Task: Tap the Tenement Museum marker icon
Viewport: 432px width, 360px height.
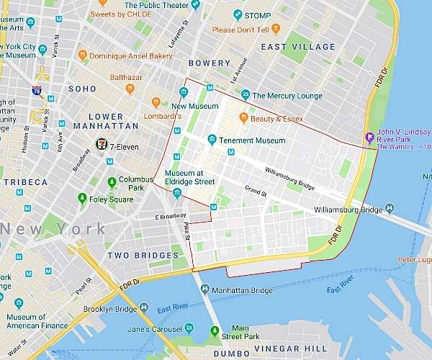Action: click(x=212, y=140)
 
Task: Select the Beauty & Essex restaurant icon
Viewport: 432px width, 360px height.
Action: click(x=244, y=118)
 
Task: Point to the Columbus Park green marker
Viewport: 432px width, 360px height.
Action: click(x=112, y=182)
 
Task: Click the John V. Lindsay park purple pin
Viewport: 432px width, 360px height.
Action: click(x=369, y=138)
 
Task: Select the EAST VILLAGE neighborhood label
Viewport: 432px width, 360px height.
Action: click(x=298, y=47)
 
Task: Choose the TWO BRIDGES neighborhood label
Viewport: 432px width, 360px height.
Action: click(x=143, y=256)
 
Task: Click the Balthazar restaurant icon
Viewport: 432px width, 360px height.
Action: click(x=130, y=89)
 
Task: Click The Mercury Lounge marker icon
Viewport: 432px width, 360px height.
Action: click(x=246, y=94)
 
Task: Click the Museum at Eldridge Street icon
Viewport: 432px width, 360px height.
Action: click(x=177, y=193)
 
